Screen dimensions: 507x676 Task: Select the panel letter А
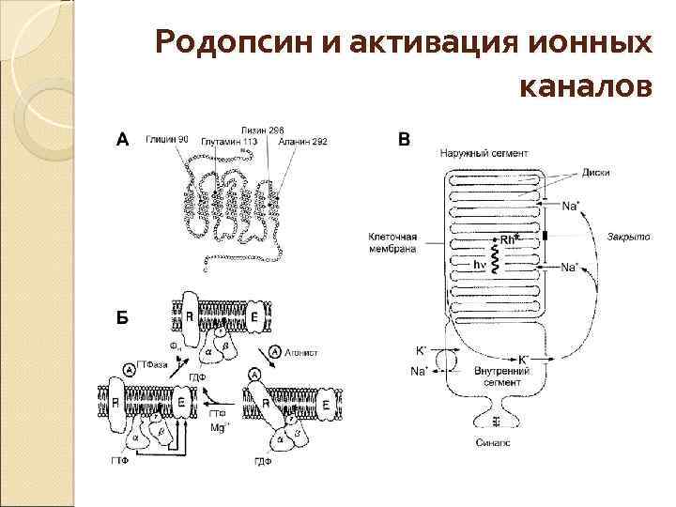(x=121, y=141)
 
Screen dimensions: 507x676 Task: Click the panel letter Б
(x=121, y=317)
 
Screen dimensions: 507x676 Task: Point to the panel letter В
(x=405, y=141)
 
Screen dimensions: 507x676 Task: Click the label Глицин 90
(x=167, y=140)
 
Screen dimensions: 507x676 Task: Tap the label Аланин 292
(x=302, y=141)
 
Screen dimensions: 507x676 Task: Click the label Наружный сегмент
(x=484, y=152)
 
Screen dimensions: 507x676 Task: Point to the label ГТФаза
(x=153, y=363)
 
